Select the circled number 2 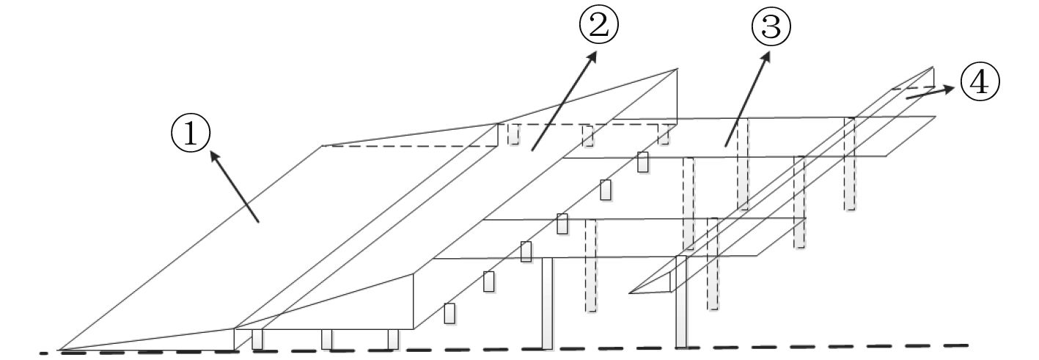tap(599, 26)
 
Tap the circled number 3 tap(771, 28)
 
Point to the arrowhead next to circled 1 tap(213, 154)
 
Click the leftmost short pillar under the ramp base tap(257, 339)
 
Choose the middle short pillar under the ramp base tap(327, 339)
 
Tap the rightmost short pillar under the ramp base tap(392, 339)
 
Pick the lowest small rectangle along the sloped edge tap(449, 313)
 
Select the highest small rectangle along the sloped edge tap(643, 162)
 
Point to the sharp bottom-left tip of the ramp tap(60, 350)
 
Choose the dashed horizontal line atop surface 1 tap(411, 146)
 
